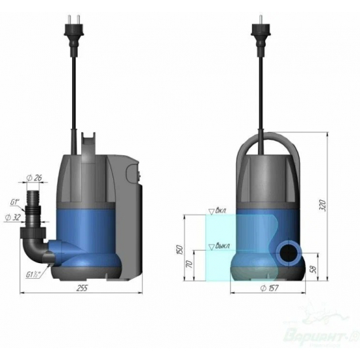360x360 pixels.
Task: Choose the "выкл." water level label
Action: tap(221, 247)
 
